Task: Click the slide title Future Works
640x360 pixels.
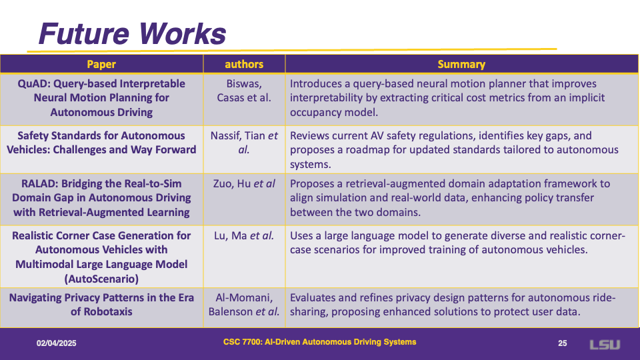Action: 132,33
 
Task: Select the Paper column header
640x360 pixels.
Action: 101,65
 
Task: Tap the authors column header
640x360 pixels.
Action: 244,65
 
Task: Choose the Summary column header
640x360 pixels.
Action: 461,65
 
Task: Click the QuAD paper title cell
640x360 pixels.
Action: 101,98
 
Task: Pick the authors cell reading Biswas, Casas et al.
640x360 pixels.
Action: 244,91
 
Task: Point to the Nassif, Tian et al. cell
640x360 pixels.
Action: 244,143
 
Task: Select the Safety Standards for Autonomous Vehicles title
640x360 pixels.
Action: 101,143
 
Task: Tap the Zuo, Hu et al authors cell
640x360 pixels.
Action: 244,184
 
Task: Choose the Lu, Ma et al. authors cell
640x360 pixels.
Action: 244,235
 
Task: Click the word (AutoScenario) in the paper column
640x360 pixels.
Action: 101,279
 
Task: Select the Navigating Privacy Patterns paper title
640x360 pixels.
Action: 101,305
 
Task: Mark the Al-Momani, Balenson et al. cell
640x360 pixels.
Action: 244,305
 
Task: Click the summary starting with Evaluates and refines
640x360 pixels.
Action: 453,305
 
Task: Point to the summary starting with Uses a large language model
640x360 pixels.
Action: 457,243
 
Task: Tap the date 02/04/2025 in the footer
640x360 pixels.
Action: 56,343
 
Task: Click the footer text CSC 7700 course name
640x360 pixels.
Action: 319,342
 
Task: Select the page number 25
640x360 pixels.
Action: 563,343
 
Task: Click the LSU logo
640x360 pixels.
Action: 605,345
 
